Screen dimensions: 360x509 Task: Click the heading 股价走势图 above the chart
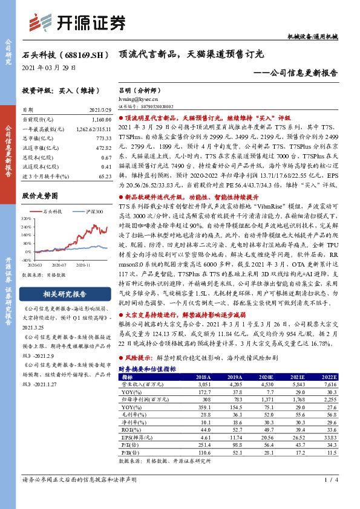click(39, 196)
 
